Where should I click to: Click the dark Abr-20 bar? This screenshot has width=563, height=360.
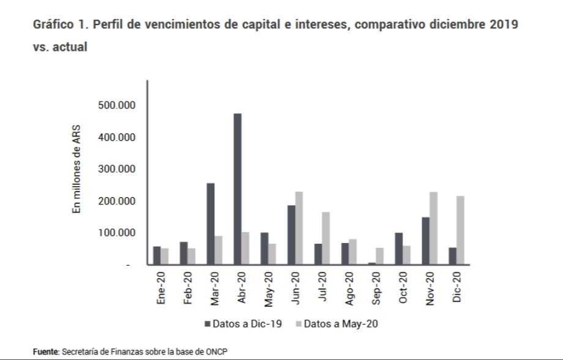point(237,189)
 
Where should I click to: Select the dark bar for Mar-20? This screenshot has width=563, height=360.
point(211,224)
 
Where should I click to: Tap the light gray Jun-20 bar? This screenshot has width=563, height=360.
point(299,228)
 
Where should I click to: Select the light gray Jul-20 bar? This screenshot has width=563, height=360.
point(325,238)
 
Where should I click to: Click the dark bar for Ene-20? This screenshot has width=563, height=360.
point(157,255)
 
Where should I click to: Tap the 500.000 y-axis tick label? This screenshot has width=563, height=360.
point(116,105)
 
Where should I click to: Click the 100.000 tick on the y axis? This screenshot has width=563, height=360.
point(116,233)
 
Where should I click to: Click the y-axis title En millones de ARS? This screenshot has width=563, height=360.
point(77,170)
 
